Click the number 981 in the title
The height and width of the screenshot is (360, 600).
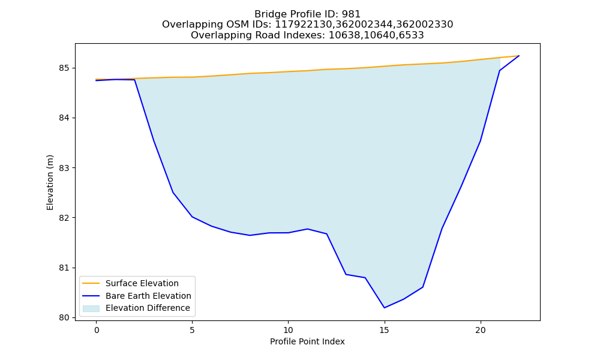(351, 14)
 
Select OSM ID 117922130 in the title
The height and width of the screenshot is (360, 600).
(304, 25)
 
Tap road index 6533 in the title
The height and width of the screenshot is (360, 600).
(412, 35)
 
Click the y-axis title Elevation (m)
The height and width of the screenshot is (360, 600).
(50, 182)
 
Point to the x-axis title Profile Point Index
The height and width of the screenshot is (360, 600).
(307, 341)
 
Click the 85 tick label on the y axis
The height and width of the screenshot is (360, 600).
(65, 68)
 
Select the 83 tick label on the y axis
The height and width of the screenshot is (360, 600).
(65, 168)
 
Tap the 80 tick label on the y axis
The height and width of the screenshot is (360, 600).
(65, 317)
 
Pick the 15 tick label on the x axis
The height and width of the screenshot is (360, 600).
(384, 330)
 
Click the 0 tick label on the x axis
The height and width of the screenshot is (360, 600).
(97, 330)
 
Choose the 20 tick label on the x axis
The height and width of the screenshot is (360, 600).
(480, 330)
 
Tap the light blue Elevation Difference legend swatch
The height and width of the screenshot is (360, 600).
(91, 308)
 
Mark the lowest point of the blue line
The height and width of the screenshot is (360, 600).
(384, 308)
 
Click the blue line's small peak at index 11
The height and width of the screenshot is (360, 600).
(307, 229)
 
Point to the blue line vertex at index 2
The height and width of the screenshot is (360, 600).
(134, 80)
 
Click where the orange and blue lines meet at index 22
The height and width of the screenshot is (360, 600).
(519, 56)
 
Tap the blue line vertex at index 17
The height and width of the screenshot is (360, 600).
(422, 287)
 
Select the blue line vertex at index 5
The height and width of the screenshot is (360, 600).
(192, 217)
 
